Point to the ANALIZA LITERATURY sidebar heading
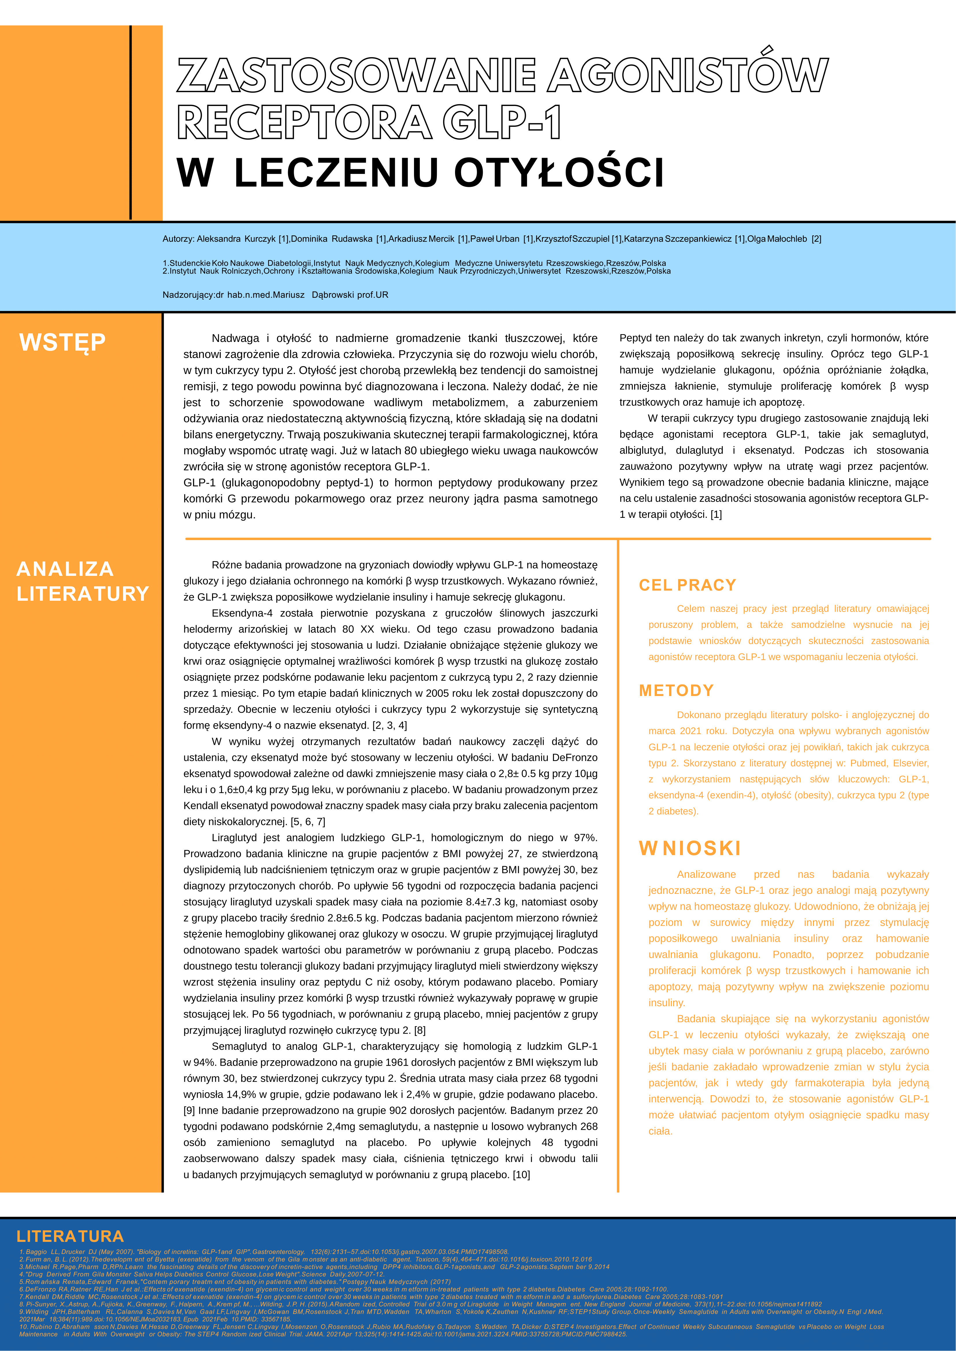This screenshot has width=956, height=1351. [82, 581]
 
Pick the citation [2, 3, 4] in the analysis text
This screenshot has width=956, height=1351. [390, 725]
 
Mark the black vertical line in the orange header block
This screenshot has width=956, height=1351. [131, 122]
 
